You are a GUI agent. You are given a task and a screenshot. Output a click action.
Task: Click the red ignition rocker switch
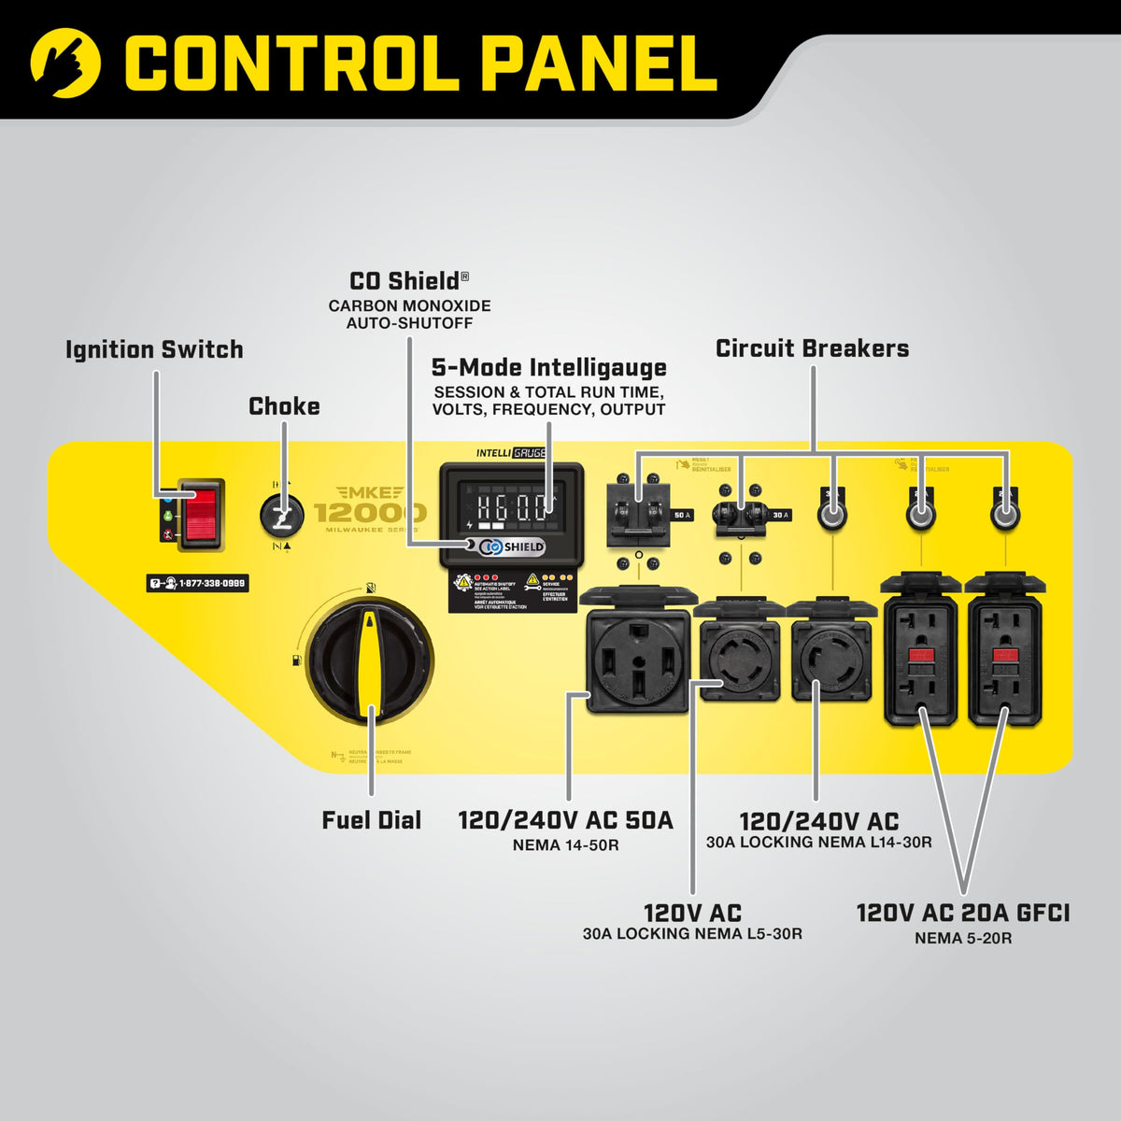point(202,513)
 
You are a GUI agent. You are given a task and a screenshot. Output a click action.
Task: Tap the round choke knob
point(281,514)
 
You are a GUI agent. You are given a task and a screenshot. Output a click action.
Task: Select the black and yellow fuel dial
point(370,660)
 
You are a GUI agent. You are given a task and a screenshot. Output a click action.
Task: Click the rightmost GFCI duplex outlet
point(1004,659)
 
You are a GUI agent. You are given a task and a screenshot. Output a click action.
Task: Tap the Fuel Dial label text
point(372,820)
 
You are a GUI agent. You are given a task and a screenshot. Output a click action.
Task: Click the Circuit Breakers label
point(812,348)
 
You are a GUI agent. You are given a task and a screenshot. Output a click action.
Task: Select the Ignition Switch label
point(154,349)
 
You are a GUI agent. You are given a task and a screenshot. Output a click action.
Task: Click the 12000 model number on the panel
point(370,513)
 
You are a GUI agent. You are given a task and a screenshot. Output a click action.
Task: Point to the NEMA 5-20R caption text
point(962,938)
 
